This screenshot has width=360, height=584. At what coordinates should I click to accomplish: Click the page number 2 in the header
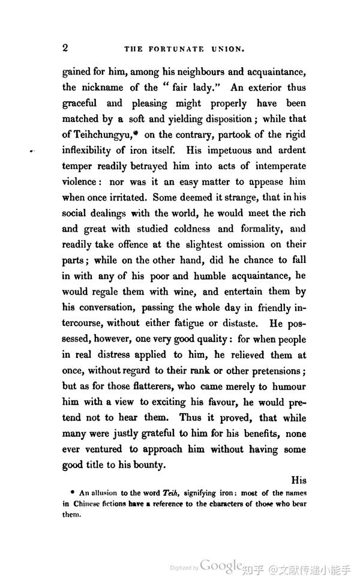[65, 48]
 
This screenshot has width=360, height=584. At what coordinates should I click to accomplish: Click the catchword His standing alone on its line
[298, 480]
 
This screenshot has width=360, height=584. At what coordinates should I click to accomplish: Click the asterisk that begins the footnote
[72, 492]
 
